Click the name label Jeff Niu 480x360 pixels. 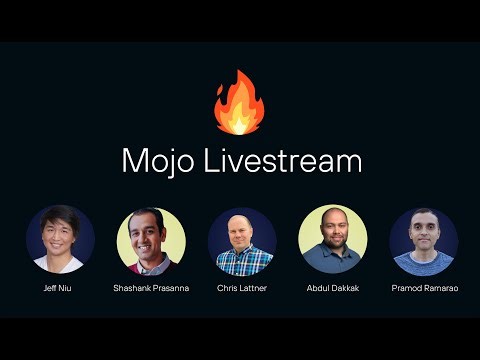point(60,288)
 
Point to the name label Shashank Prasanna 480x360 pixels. point(151,288)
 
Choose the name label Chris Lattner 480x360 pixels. point(241,288)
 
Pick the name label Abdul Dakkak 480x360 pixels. point(332,288)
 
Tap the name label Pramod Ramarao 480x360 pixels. point(423,288)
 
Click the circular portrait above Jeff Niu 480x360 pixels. point(60,240)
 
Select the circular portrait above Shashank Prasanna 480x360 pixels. point(151,240)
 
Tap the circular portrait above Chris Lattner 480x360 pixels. point(241,240)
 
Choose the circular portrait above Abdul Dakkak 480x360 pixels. point(332,240)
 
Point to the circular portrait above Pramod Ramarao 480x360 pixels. point(423,240)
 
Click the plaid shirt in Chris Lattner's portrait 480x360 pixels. point(241,264)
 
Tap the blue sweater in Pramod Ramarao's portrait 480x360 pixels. point(423,266)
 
